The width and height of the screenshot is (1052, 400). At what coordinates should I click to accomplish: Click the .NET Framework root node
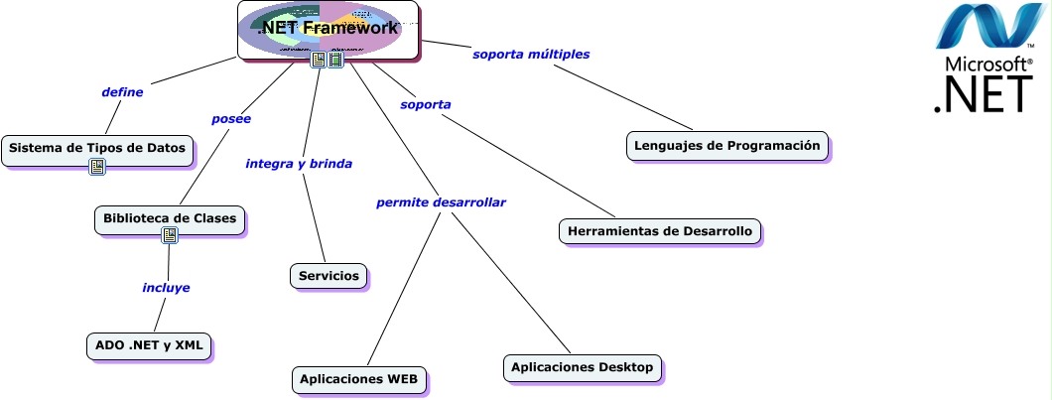(328, 28)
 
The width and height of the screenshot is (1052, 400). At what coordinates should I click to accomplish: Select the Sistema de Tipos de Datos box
(96, 148)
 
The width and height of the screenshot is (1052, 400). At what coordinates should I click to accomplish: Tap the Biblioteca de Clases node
(169, 217)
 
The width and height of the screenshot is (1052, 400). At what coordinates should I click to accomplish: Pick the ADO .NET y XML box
(148, 345)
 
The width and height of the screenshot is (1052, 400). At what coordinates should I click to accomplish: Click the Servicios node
(329, 275)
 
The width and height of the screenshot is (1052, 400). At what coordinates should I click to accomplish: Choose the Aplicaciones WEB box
(359, 378)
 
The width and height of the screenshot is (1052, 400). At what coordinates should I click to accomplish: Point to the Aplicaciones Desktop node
(582, 367)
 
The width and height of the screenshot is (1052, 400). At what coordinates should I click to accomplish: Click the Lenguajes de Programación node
(727, 145)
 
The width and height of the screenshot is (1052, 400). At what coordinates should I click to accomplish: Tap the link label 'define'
(122, 92)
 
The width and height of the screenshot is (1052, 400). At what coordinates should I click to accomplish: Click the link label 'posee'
(231, 119)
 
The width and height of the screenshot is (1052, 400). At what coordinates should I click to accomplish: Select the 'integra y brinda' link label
(299, 164)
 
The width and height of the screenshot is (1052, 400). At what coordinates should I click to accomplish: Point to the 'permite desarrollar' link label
(441, 203)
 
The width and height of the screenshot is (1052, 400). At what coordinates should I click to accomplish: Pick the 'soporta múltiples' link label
(531, 55)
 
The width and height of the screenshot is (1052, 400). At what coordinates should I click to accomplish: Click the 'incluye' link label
(166, 288)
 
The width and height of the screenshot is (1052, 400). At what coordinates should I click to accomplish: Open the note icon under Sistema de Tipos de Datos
(97, 167)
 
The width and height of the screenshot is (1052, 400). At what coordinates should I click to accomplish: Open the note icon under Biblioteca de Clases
(170, 236)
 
